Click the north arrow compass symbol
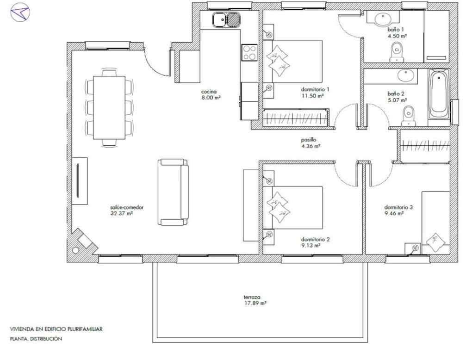pos(20,12)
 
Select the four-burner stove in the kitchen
pos(249,52)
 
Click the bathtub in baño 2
pos(439,94)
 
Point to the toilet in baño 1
pos(397,52)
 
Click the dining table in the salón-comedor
pos(109,107)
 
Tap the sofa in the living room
pos(173,192)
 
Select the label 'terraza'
pos(252,297)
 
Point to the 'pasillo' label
pos(309,140)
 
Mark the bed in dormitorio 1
pos(293,61)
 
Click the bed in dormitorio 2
pos(293,207)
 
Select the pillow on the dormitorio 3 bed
pos(435,242)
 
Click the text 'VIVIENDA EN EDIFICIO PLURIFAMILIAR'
pos(56,329)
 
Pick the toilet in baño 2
pos(408,116)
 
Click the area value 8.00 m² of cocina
pos(211,98)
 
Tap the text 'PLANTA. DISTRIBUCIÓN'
pos(36,339)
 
